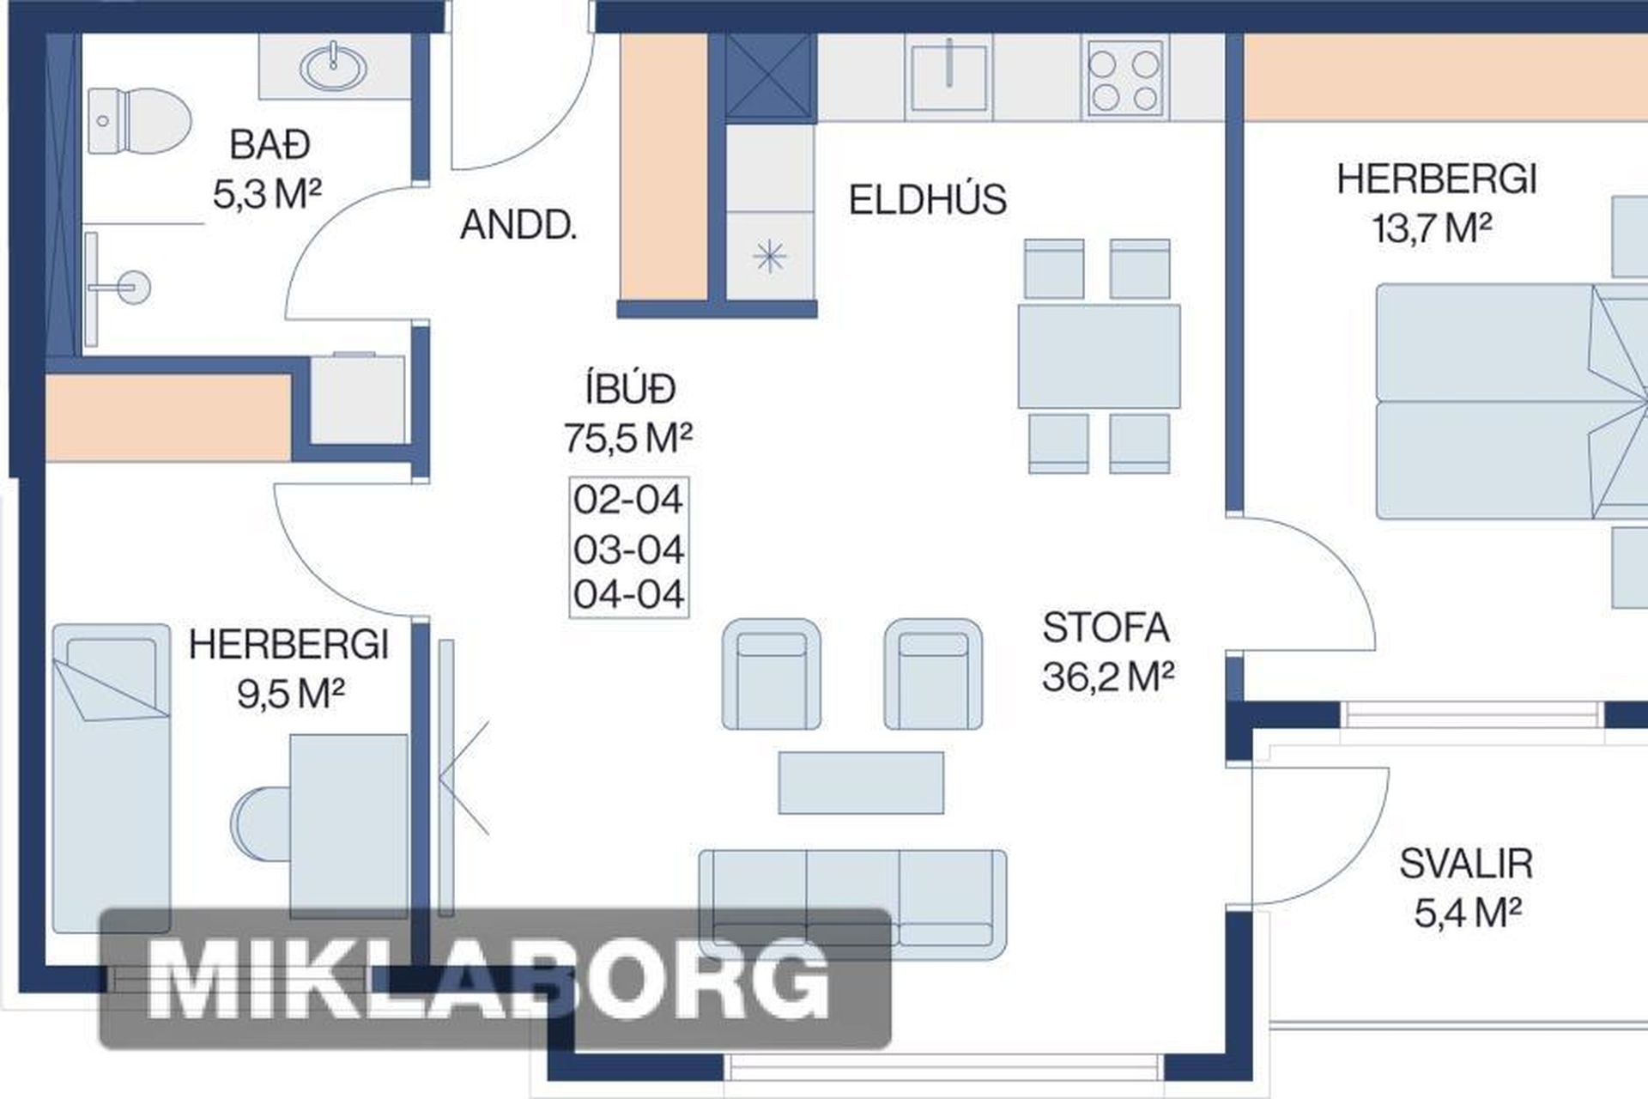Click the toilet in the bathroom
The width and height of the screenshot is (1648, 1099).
pos(138,121)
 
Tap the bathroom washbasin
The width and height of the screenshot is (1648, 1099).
pos(333,66)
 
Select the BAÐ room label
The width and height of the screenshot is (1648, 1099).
pos(270,144)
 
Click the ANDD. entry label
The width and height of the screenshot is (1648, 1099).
pos(518,225)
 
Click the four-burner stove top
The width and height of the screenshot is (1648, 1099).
pos(1124,77)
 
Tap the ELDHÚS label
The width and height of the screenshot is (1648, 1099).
pos(927,199)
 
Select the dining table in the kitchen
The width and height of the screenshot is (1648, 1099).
pos(1099,356)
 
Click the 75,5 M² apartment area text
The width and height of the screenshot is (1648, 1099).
pos(628,438)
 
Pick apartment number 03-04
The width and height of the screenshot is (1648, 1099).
pos(628,549)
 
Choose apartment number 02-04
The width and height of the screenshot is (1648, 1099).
pos(628,499)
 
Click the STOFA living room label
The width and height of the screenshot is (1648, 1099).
pos(1106,628)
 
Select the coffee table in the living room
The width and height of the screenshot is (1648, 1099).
pos(861,782)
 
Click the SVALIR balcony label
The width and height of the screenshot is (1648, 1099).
pos(1466,864)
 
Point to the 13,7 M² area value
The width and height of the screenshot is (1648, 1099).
pos(1432,228)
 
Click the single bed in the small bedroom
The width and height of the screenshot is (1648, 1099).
pos(112,778)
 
